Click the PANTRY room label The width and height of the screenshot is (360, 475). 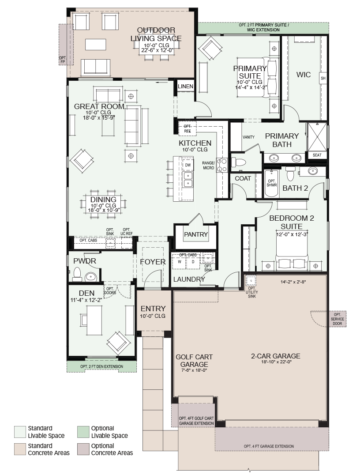(x=196, y=234)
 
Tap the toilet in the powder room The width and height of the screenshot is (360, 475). (x=77, y=274)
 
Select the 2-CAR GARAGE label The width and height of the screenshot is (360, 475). (x=276, y=356)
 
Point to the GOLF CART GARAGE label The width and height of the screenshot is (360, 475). (x=194, y=361)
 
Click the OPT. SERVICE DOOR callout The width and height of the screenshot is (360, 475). (x=337, y=319)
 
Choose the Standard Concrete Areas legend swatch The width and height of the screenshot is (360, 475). (x=20, y=449)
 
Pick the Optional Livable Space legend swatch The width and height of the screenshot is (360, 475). (x=83, y=432)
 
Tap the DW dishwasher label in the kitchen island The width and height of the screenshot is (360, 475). (x=188, y=165)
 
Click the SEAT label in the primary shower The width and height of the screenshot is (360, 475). (x=317, y=155)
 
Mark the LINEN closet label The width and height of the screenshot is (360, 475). (x=185, y=87)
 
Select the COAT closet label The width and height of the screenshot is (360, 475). (x=243, y=178)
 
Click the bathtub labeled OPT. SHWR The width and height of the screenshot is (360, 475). (x=272, y=183)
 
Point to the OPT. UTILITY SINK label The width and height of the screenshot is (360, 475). (x=252, y=292)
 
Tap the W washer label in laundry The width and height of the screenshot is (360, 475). (x=180, y=262)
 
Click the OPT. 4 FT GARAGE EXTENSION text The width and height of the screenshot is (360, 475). (x=269, y=446)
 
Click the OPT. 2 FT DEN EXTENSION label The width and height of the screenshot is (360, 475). (x=102, y=366)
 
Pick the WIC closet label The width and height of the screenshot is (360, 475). (x=304, y=75)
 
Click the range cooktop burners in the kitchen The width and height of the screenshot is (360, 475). (x=222, y=166)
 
